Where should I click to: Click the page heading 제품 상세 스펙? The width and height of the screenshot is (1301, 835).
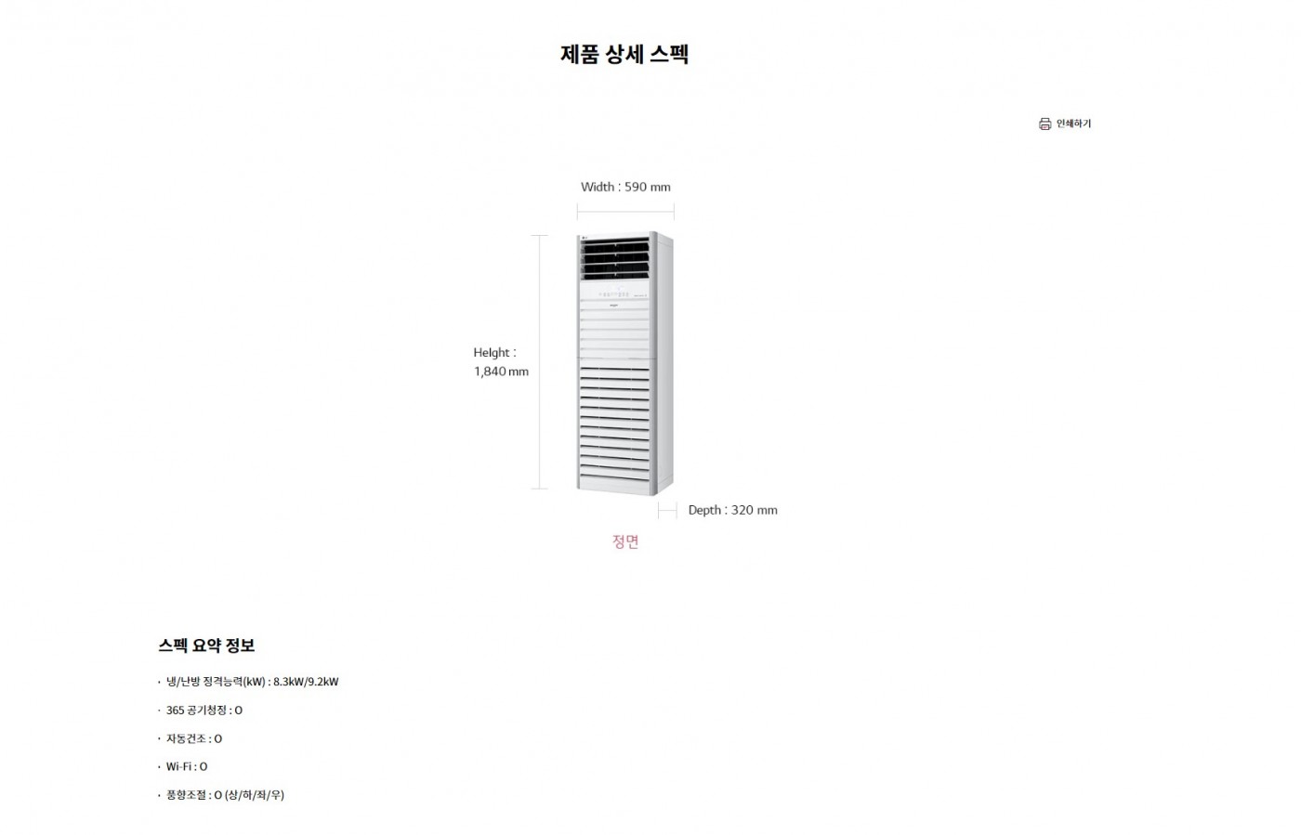pos(624,54)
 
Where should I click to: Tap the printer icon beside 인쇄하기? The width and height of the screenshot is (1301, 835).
pos(1045,124)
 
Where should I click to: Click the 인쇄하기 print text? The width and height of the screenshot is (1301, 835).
pos(1073,124)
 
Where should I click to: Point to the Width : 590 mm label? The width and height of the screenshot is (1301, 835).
pos(625,187)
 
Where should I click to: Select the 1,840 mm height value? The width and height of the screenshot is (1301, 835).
pos(501,372)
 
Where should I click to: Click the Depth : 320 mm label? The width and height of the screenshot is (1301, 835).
pos(732,510)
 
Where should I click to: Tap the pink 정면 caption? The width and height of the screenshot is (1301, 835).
pos(625,541)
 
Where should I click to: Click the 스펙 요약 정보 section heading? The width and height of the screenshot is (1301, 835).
pos(206,646)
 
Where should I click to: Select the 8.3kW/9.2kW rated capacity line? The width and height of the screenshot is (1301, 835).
pos(252,682)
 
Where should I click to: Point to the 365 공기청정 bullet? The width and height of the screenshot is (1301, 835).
pos(204,711)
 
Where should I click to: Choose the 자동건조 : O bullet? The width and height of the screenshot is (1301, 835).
pos(194,738)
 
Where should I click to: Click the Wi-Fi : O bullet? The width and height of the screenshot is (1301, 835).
pos(187,766)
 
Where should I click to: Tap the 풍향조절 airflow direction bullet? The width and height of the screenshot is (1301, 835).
pos(225,795)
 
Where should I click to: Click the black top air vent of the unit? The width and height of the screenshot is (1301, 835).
pos(615,258)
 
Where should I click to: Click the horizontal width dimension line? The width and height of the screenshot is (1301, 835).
pos(625,212)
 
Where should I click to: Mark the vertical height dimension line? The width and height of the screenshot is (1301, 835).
pos(540,361)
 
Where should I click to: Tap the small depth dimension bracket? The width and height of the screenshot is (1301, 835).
pos(667,511)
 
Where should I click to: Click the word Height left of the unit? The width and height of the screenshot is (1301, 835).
pos(492,352)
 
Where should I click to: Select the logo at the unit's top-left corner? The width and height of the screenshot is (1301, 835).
pos(585,237)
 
